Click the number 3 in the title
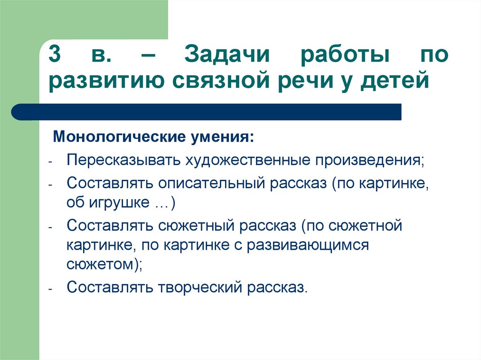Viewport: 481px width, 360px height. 54,54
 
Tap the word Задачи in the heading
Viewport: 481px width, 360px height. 227,54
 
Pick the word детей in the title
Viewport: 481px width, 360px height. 394,80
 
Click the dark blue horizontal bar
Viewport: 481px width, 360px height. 206,112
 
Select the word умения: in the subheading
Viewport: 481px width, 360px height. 223,138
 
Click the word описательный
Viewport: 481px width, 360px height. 212,184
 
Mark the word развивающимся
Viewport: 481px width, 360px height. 308,245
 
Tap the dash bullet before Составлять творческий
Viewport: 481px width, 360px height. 51,289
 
